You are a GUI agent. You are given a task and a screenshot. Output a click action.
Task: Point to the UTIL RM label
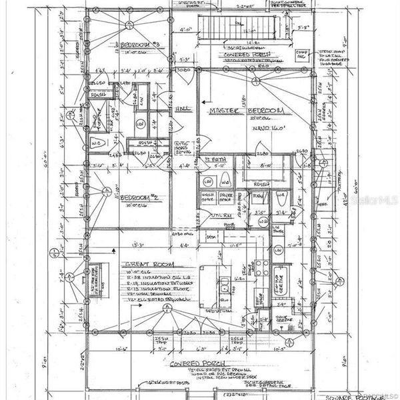(220, 214)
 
